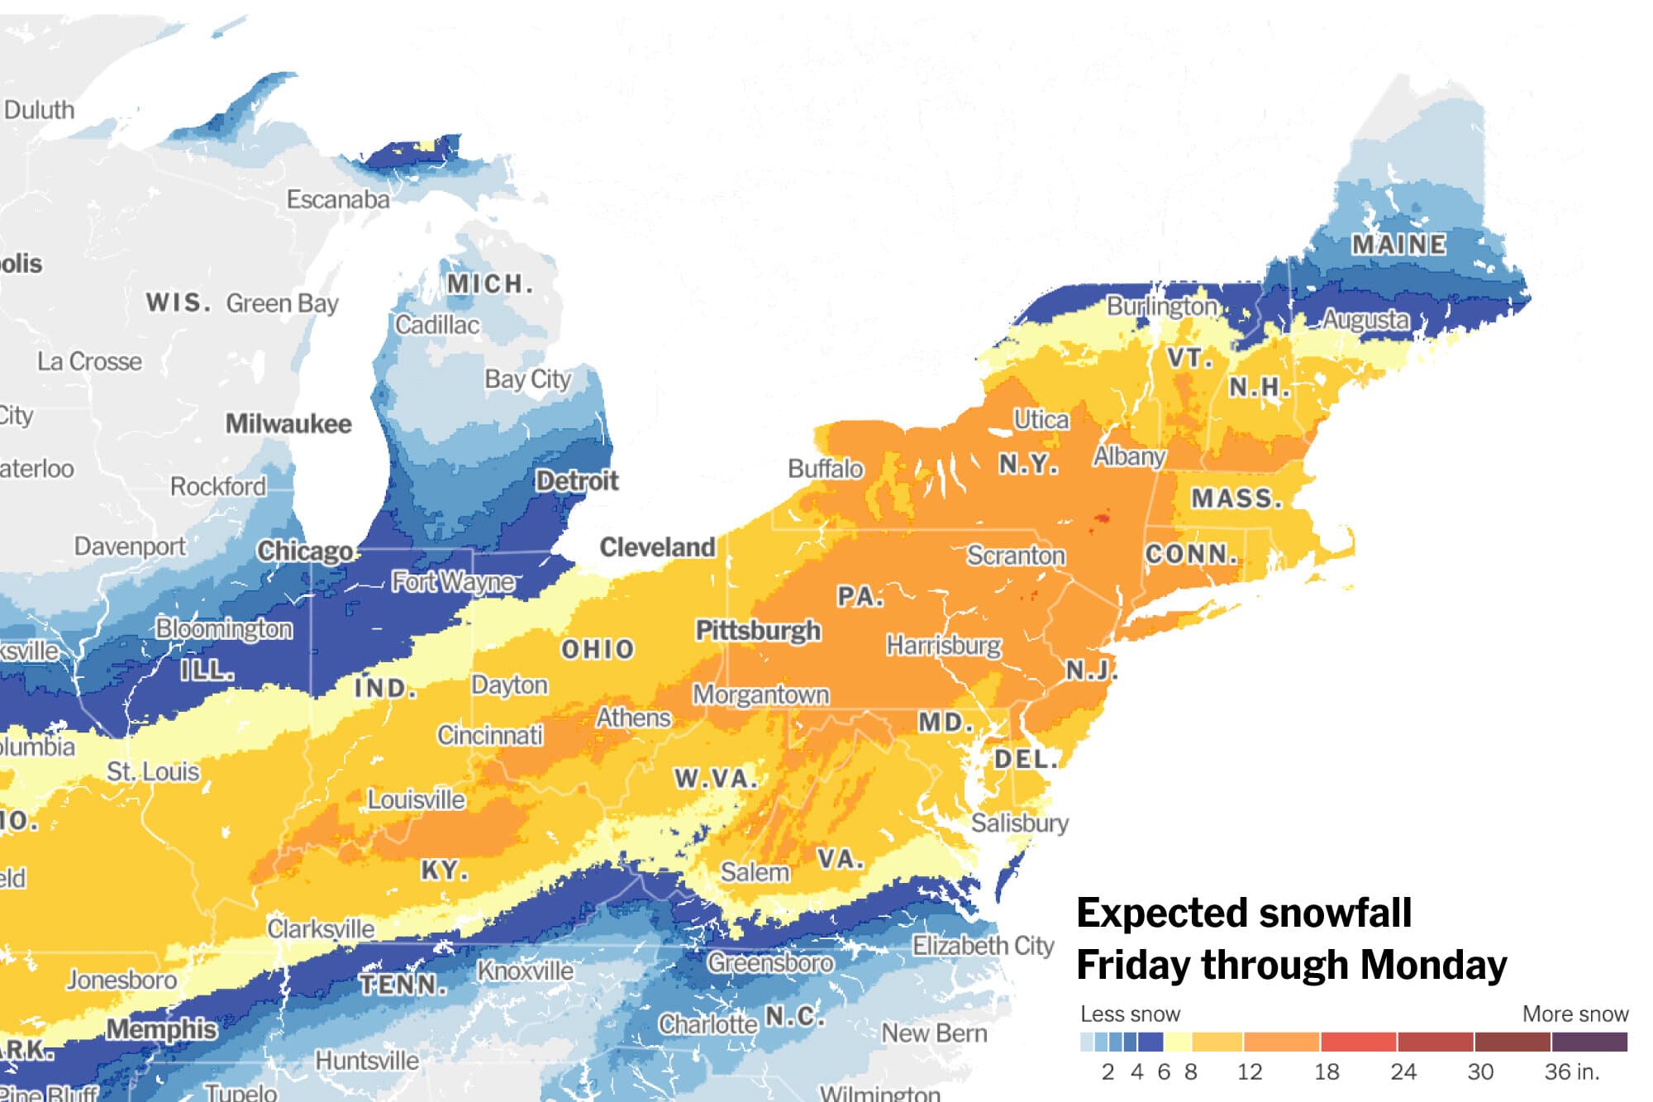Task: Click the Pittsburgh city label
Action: tap(758, 631)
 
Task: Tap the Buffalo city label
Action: tap(825, 469)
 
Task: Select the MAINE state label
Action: tap(1398, 245)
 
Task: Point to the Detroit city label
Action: tap(576, 480)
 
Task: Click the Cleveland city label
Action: tap(657, 547)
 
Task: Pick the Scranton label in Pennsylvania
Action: tap(1016, 556)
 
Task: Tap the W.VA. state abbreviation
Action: tap(715, 779)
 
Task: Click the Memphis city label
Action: tap(161, 1029)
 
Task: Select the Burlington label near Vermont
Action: tap(1161, 307)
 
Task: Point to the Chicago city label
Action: tap(305, 551)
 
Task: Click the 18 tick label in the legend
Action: tap(1326, 1072)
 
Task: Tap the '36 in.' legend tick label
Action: tap(1571, 1072)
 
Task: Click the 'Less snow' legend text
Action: tap(1130, 1014)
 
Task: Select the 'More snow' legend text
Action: tap(1574, 1014)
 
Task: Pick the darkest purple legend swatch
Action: tap(1589, 1042)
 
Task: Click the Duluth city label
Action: tap(39, 110)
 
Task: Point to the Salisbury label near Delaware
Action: tap(1019, 823)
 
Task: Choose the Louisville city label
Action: tap(416, 800)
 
